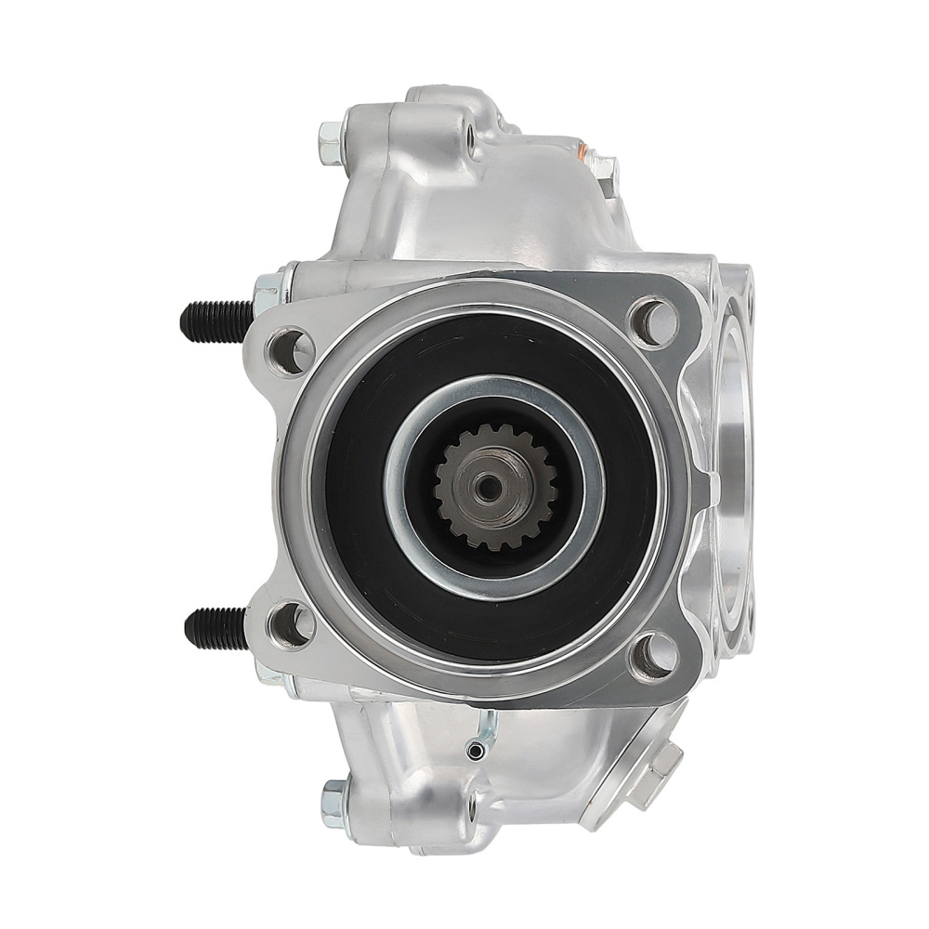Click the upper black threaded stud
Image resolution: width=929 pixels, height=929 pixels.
(x=214, y=319)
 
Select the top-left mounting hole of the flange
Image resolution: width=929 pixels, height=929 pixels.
(x=281, y=347)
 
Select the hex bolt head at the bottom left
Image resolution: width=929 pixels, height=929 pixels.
(x=333, y=796)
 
